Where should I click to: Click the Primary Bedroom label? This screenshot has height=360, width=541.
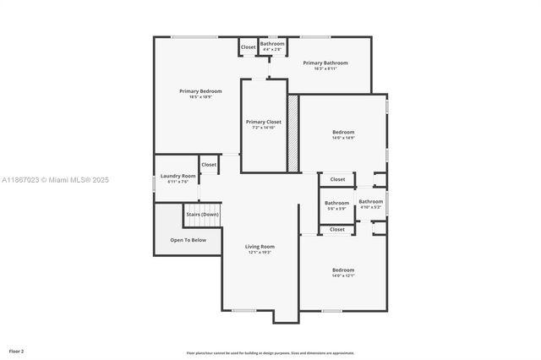click(200, 90)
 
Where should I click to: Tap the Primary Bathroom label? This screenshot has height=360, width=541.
click(325, 63)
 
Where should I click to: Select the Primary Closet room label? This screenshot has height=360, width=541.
click(264, 122)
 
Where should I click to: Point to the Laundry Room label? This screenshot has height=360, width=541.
click(178, 176)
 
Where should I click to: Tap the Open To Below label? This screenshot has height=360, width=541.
click(188, 240)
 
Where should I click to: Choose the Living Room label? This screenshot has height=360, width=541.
click(260, 246)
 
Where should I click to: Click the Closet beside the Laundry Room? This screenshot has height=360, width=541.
click(209, 165)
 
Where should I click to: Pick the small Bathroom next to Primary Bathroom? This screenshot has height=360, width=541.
click(272, 43)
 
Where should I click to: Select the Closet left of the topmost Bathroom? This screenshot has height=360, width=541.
click(249, 47)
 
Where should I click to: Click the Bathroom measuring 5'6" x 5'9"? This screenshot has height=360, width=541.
click(336, 203)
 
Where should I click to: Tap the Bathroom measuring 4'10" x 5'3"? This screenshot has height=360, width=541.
click(370, 201)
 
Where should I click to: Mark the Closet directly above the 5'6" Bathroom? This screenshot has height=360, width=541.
click(337, 179)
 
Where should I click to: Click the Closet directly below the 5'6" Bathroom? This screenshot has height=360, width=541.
click(337, 229)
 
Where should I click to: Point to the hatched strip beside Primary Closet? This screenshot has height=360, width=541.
click(293, 133)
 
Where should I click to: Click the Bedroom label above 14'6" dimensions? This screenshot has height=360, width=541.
click(343, 132)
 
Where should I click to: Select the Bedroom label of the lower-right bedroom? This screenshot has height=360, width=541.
click(343, 270)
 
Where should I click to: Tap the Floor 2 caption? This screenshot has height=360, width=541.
click(17, 350)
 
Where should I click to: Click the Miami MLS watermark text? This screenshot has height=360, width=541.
click(55, 180)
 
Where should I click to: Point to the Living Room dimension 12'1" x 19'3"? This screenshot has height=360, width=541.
click(260, 252)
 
